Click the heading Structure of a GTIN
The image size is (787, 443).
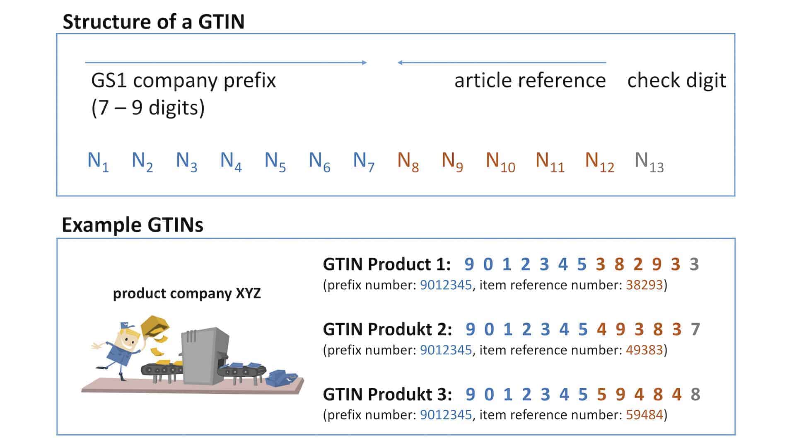click(x=153, y=22)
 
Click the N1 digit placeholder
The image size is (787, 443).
click(x=98, y=161)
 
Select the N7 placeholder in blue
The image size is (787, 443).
click(x=363, y=161)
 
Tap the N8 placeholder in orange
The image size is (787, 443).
click(x=408, y=161)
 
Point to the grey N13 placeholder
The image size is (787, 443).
click(x=649, y=161)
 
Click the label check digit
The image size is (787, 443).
click(x=676, y=80)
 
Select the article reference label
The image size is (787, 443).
click(x=530, y=80)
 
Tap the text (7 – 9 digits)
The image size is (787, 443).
click(x=148, y=108)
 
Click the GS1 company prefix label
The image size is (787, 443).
click(x=183, y=80)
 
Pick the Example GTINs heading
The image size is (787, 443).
click(x=132, y=225)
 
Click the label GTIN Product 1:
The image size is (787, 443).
click(x=386, y=264)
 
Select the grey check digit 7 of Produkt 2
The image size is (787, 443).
click(x=695, y=329)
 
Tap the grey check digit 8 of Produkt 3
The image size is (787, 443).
click(x=695, y=395)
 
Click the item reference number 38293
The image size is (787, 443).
click(x=644, y=285)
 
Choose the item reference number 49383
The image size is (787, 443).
click(x=644, y=350)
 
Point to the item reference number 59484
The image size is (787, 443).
click(x=644, y=415)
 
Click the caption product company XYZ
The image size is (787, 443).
click(x=187, y=293)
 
